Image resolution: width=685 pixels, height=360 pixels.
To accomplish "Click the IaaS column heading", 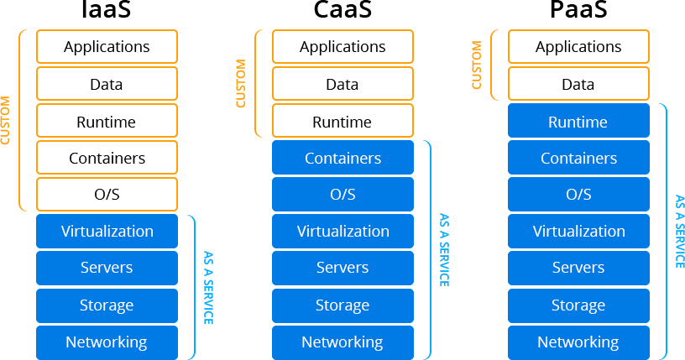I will tap(107, 11).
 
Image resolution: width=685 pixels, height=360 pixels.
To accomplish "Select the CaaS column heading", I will tap(342, 11).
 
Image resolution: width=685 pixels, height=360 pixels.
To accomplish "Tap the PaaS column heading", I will tap(578, 11).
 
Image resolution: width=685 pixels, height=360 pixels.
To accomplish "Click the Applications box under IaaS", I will tap(107, 47).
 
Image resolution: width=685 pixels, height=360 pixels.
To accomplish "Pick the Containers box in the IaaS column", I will tap(107, 158).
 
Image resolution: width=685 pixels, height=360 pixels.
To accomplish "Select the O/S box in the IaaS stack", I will tap(107, 195).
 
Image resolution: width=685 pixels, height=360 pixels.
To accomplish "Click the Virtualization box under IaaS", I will tap(107, 232).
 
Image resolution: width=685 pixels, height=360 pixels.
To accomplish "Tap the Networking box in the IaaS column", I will tap(107, 342).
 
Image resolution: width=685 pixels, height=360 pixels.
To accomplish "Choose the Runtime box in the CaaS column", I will tap(342, 122).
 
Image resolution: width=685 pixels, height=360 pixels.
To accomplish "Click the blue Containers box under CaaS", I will tap(342, 158).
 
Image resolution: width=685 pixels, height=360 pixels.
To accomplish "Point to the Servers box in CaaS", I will tap(342, 269).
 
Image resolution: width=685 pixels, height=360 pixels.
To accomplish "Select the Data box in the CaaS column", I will tap(342, 84).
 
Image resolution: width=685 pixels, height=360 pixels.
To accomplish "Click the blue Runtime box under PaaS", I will tap(578, 122).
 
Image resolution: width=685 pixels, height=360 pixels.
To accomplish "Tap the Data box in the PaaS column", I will tap(578, 84).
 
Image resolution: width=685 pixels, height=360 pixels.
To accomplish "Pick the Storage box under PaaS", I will tap(578, 305).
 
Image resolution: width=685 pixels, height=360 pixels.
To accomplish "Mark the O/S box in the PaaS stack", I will tap(578, 195).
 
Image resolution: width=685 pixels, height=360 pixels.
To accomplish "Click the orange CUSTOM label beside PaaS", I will tap(477, 65).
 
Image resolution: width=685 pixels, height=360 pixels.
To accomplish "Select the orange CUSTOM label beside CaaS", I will tap(241, 84).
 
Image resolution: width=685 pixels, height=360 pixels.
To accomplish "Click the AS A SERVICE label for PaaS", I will tap(679, 232).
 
